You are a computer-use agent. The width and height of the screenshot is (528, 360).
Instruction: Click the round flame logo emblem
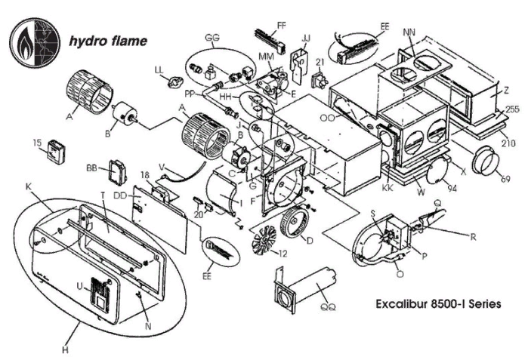click(x=32, y=39)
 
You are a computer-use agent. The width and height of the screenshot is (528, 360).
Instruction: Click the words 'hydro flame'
click(x=107, y=40)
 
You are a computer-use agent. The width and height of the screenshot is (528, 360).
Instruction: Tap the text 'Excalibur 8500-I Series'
click(x=437, y=305)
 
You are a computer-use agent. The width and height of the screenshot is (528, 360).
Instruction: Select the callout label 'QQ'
click(x=328, y=306)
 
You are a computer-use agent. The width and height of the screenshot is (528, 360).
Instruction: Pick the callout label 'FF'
click(x=281, y=26)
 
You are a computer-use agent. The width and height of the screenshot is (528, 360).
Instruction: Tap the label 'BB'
click(x=92, y=167)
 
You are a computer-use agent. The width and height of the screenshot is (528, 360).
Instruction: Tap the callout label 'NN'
click(x=410, y=32)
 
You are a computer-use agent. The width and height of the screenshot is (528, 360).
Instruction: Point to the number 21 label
click(x=320, y=62)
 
